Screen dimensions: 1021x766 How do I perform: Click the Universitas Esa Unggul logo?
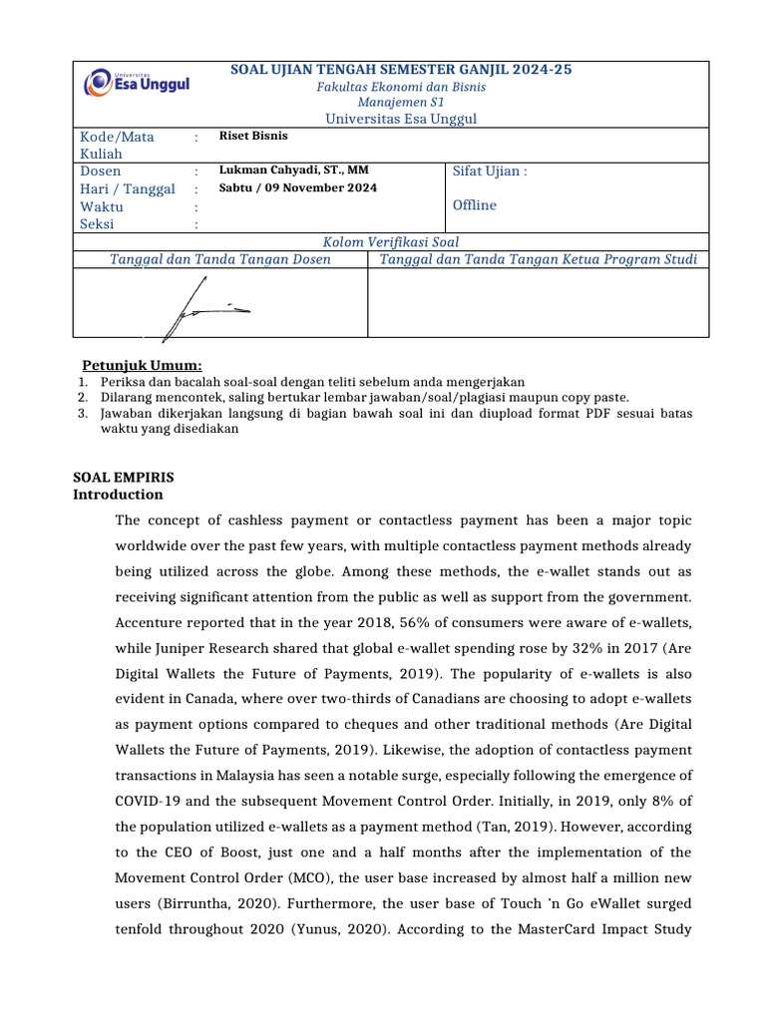click(x=137, y=82)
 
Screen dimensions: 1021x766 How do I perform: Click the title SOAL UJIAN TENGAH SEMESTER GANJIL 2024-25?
click(x=402, y=69)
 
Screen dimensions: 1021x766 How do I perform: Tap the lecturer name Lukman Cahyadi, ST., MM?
click(x=287, y=170)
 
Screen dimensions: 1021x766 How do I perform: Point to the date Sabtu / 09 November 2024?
click(x=298, y=187)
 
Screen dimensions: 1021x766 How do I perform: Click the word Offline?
click(x=475, y=205)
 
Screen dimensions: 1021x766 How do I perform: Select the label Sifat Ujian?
click(x=489, y=171)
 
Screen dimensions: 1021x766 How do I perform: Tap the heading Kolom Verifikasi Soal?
click(x=391, y=241)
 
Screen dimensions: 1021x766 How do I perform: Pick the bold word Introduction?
click(x=119, y=495)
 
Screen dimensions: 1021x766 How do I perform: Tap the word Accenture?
click(x=155, y=623)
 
